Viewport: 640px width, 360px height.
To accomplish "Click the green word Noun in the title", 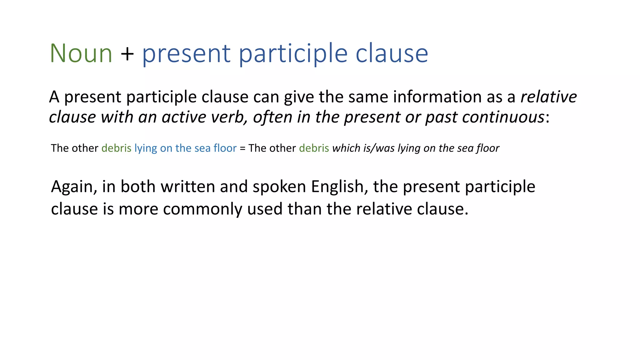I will [x=81, y=54].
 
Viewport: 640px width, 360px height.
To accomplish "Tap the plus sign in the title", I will [x=127, y=54].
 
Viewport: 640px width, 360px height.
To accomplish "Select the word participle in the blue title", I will [x=293, y=54].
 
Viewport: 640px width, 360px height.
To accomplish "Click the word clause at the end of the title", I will [x=392, y=54].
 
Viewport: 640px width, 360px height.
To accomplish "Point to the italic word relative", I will [x=548, y=97].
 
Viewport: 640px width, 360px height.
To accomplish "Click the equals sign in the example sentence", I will [x=242, y=148].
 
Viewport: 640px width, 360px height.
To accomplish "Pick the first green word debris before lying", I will [x=116, y=148].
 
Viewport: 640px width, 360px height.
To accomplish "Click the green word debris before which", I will [x=314, y=148].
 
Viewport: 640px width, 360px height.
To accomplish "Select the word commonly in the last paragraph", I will [x=202, y=209].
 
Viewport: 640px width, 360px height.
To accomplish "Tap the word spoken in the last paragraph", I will [x=279, y=187].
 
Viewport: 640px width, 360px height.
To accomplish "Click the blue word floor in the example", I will [x=225, y=148].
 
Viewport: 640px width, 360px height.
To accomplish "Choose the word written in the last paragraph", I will [x=187, y=187].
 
